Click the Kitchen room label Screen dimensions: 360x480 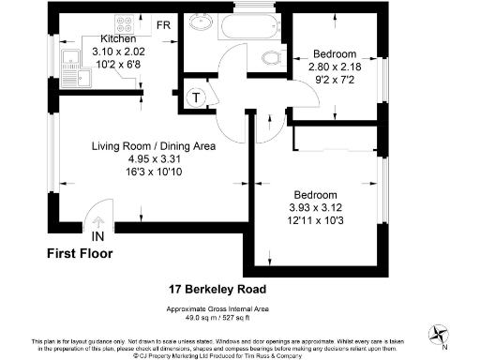click(x=119, y=38)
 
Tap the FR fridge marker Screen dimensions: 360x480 click(x=163, y=24)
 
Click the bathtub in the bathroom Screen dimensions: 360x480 click(x=251, y=28)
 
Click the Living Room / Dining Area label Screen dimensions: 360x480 click(x=154, y=147)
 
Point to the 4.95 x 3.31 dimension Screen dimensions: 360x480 click(x=154, y=159)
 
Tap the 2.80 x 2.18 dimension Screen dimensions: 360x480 click(x=335, y=67)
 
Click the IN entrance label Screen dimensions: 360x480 click(x=98, y=236)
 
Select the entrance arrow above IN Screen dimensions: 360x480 click(x=98, y=220)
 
